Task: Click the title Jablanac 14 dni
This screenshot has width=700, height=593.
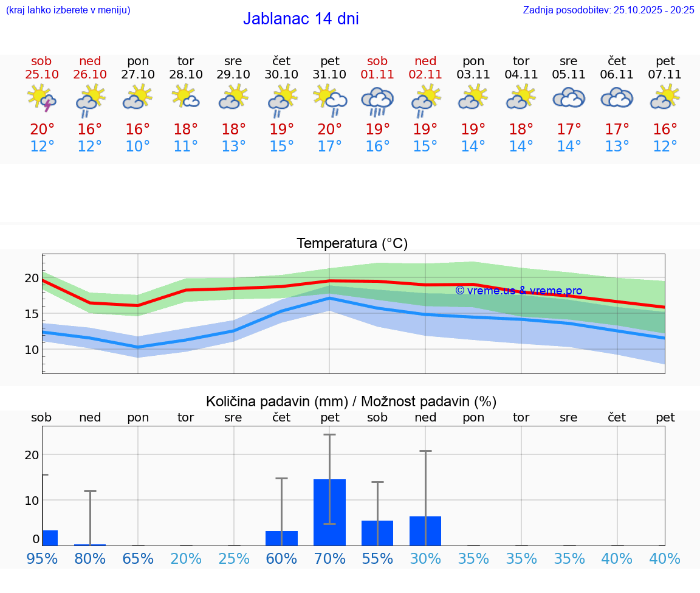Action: (x=301, y=19)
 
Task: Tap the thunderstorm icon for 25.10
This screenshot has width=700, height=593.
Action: (x=41, y=99)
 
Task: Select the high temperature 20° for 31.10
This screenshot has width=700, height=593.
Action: (x=330, y=130)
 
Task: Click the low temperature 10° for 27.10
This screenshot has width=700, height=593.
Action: (x=138, y=147)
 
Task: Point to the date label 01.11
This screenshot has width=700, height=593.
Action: (x=377, y=75)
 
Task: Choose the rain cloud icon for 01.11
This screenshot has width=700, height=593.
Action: (x=377, y=100)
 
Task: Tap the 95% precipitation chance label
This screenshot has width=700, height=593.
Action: (x=43, y=558)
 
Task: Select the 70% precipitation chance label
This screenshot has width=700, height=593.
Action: (x=330, y=558)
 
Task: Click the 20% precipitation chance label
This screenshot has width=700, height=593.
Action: (x=186, y=558)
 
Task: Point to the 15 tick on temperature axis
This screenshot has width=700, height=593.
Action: (x=32, y=314)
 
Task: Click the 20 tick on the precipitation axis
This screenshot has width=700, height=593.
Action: (x=32, y=455)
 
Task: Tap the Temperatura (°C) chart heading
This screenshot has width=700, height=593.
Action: (x=352, y=244)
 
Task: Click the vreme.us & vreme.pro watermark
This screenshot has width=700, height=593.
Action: (x=518, y=291)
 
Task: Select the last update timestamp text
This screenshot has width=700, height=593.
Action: (x=608, y=10)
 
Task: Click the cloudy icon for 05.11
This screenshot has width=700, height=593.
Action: (x=569, y=98)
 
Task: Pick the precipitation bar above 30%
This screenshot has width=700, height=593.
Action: (x=425, y=530)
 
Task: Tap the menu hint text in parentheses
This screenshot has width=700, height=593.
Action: (x=68, y=10)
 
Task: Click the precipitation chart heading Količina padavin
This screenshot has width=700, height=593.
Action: (x=351, y=401)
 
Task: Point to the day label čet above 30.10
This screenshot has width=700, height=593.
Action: (x=281, y=61)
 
